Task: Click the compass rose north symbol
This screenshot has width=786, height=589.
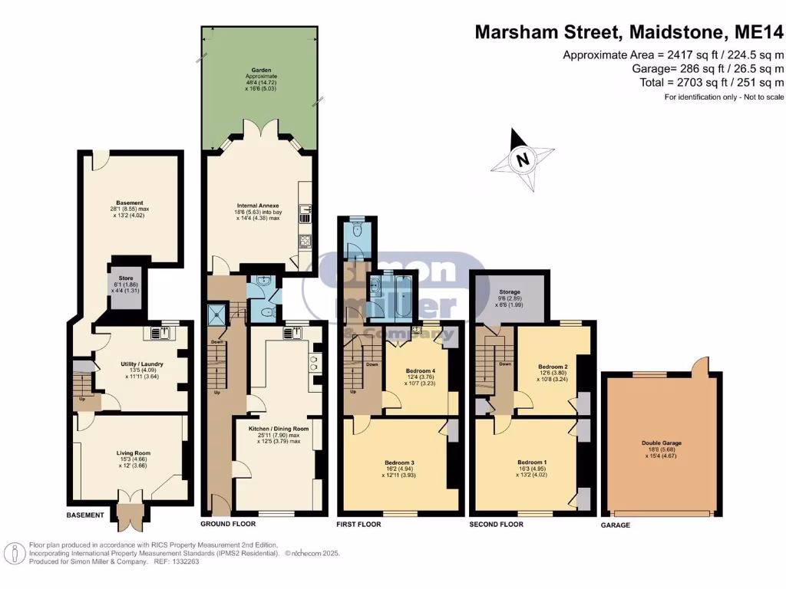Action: (523, 160)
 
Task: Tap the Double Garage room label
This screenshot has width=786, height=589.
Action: (661, 443)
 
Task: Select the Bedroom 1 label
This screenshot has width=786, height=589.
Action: (532, 462)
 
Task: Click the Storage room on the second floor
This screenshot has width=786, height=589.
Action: (510, 297)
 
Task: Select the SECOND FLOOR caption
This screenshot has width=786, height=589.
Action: (496, 525)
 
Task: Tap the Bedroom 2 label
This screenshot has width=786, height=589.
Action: (553, 367)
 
